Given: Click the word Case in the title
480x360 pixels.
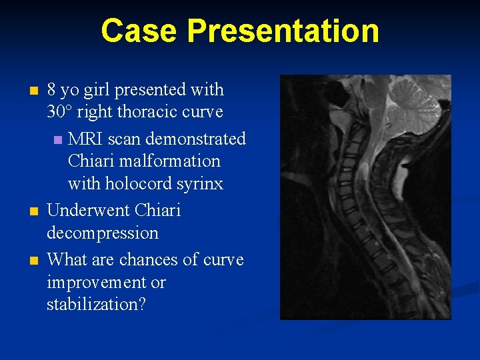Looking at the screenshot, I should pos(139,31).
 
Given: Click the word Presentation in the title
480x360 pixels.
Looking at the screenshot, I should pos(283,31).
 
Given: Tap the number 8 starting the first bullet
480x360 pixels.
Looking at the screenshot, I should pos(52,89).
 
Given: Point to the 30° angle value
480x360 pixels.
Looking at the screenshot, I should pos(60,111).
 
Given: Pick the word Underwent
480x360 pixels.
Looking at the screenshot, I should pos(88,211).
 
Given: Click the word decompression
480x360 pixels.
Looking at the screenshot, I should pos(103,233).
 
